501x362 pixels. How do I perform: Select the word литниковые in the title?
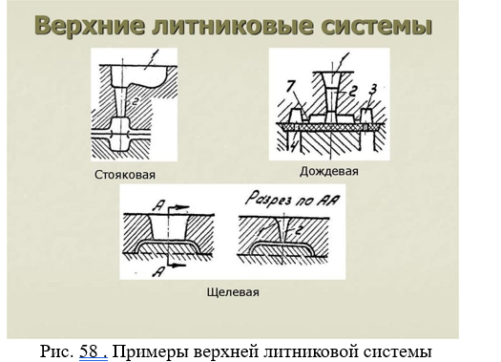233,26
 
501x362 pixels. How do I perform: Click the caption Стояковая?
125,175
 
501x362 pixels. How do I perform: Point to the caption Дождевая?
329,172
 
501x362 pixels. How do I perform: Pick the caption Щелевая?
233,292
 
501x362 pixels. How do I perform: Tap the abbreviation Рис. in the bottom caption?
56,351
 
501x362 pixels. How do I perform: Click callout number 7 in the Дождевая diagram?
291,86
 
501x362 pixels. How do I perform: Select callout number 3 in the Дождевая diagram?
372,89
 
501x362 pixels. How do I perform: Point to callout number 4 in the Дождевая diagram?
294,146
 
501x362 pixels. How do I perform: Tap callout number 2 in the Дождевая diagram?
351,91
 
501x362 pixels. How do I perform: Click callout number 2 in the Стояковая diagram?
135,101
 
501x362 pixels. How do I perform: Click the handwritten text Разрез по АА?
292,199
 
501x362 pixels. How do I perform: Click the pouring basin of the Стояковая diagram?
138,75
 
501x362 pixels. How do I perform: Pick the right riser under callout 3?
366,116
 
